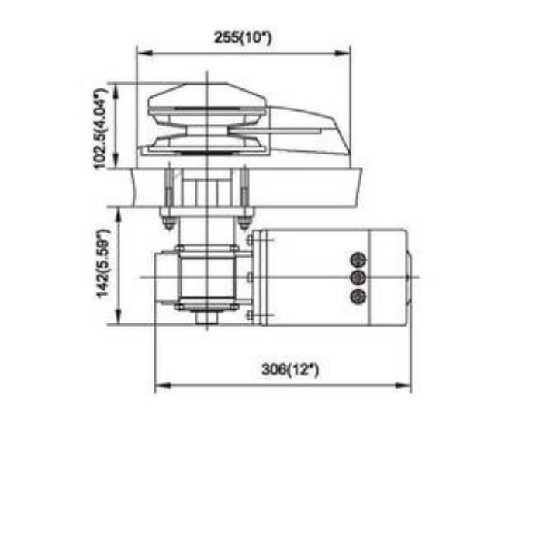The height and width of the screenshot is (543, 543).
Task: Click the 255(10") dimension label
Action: [243, 37]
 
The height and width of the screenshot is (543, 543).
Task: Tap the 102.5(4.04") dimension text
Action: [101, 129]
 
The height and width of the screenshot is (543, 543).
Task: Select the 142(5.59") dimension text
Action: [103, 264]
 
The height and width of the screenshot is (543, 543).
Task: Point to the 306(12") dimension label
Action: [290, 369]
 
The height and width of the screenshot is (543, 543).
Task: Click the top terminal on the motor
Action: [358, 259]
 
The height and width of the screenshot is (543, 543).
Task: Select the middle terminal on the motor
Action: [358, 278]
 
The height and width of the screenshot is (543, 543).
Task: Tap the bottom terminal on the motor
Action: [358, 296]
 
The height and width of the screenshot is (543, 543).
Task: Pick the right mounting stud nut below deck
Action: [244, 223]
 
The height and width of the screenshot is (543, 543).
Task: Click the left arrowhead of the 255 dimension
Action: [145, 53]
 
